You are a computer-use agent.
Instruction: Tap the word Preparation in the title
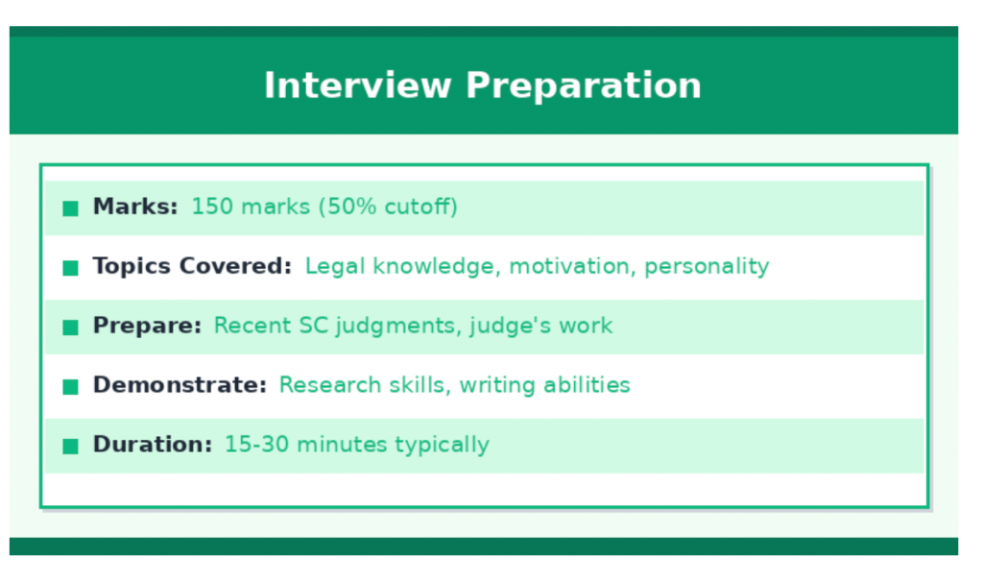pos(584,85)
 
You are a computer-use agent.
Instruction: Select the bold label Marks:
pos(135,206)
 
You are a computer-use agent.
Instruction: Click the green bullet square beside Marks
pos(70,208)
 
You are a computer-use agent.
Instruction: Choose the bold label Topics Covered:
pos(192,266)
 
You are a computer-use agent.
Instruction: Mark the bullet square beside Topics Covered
pos(70,268)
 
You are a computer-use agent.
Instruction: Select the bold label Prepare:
pos(147,326)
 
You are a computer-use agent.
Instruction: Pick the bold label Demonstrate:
pos(180,385)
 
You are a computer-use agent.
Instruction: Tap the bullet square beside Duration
pos(70,447)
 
